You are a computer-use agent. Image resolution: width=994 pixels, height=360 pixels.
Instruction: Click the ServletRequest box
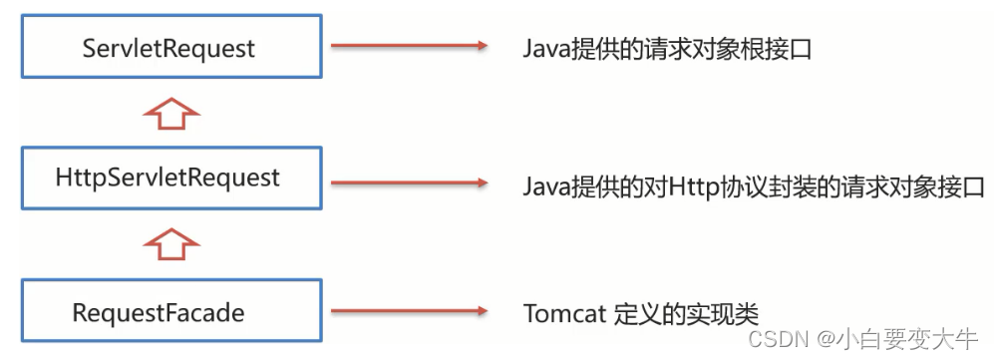tap(170, 47)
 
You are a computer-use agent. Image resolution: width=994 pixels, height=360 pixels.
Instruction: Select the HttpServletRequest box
tap(170, 179)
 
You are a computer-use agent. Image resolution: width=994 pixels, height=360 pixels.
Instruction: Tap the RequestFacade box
tap(170, 312)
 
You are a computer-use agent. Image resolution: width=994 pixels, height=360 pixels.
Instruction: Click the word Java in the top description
tap(544, 48)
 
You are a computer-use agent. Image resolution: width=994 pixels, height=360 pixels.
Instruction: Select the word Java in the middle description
tap(544, 184)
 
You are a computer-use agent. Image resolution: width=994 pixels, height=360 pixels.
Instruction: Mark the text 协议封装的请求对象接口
tap(852, 184)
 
